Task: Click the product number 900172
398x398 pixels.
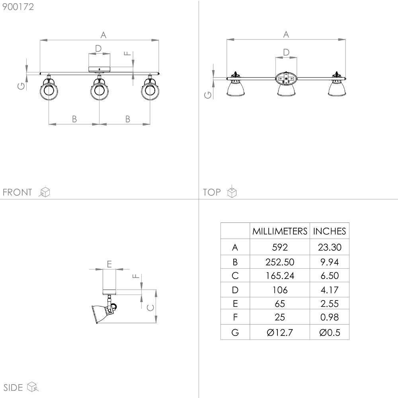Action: [x=18, y=7]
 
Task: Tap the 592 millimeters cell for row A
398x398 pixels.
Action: [x=280, y=247]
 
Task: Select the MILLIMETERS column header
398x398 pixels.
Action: [x=280, y=231]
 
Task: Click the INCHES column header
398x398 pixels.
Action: [x=330, y=231]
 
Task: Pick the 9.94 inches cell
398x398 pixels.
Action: [x=330, y=262]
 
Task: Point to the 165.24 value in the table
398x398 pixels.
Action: [x=280, y=276]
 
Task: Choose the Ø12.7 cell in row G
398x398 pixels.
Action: [x=280, y=332]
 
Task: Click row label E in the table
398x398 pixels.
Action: [x=235, y=304]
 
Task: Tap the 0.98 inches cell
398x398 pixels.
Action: [x=330, y=317]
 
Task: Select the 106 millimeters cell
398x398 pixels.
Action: [x=280, y=290]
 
